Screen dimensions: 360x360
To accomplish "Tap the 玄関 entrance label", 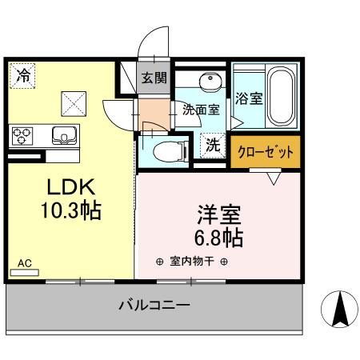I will pyautogui.click(x=154, y=78).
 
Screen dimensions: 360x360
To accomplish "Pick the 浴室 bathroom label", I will pyautogui.click(x=248, y=99).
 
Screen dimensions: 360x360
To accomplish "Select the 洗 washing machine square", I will pyautogui.click(x=212, y=146).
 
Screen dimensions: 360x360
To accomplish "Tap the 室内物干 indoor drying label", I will pyautogui.click(x=192, y=262).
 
